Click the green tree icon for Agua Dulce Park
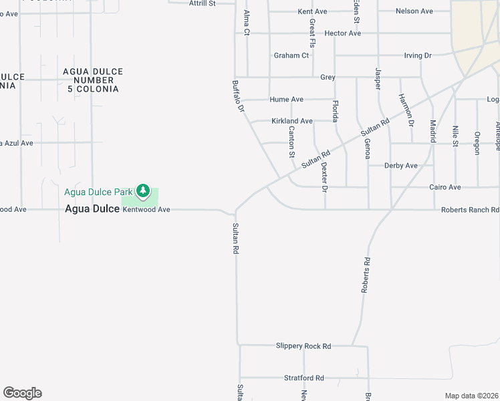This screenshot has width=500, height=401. pyautogui.click(x=142, y=192)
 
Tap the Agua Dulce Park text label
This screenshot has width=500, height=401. pyautogui.click(x=99, y=192)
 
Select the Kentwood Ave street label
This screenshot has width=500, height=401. pyautogui.click(x=146, y=210)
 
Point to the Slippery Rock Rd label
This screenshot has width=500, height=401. pyautogui.click(x=303, y=346)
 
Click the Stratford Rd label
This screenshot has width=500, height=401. pyautogui.click(x=303, y=378)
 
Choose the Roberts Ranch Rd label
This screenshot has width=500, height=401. pyautogui.click(x=470, y=210)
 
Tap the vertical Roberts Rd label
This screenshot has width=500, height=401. pyautogui.click(x=366, y=275)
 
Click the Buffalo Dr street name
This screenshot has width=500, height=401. pyautogui.click(x=238, y=96)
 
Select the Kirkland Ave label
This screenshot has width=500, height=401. pyautogui.click(x=292, y=121)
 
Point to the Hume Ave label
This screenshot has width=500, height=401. pyautogui.click(x=287, y=100)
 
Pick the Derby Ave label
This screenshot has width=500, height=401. pyautogui.click(x=401, y=166)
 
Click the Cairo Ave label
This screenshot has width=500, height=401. pyautogui.click(x=445, y=187)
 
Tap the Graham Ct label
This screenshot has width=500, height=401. pyautogui.click(x=291, y=55)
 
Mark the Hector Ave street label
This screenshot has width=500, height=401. pyautogui.click(x=342, y=33)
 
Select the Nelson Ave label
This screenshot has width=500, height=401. pyautogui.click(x=414, y=11)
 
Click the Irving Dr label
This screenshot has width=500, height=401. pyautogui.click(x=418, y=55)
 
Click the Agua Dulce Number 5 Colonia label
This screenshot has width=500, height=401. pyautogui.click(x=93, y=80)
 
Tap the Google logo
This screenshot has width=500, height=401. pyautogui.click(x=22, y=393)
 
